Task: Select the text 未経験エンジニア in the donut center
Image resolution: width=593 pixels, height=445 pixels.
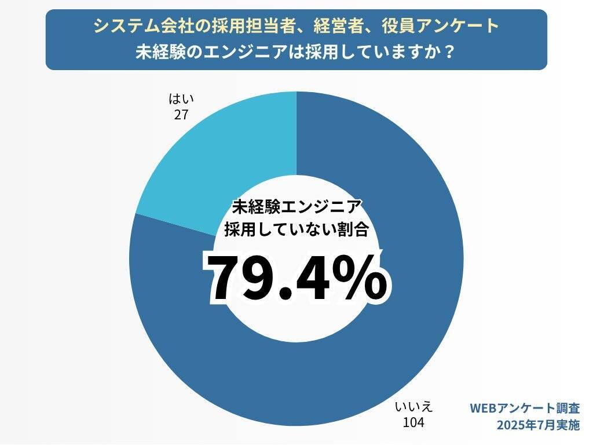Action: (296, 207)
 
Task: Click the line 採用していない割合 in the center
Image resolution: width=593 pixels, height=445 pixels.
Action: (296, 229)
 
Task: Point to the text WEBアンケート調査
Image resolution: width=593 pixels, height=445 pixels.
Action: (524, 408)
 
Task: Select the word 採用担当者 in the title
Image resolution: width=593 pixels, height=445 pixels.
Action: (228, 26)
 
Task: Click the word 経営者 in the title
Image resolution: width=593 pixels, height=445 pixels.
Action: (330, 26)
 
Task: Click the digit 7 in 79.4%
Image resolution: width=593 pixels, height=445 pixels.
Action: (228, 278)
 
